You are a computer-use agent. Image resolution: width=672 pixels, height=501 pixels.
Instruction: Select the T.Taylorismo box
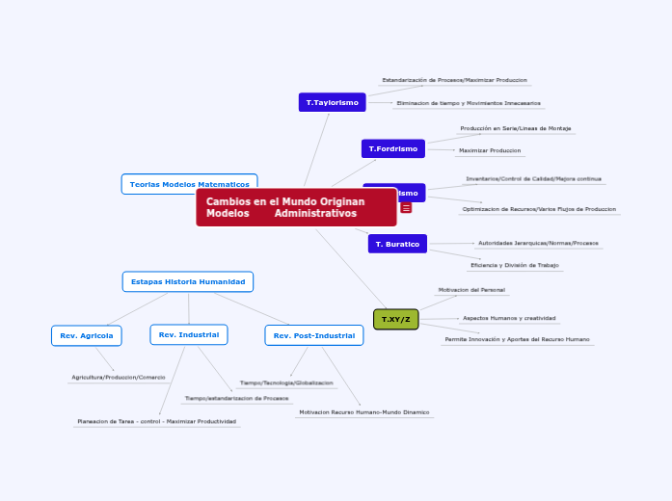click(x=332, y=102)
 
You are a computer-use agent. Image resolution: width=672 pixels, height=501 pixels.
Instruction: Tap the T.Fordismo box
click(x=392, y=148)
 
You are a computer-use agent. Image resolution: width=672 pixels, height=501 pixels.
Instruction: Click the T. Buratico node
click(x=397, y=244)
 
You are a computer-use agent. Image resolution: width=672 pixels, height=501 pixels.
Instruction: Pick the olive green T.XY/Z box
click(x=395, y=319)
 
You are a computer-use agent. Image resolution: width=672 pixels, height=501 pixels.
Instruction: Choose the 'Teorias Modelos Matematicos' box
click(x=189, y=184)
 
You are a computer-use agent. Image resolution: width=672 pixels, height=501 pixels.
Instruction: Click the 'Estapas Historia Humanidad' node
click(x=188, y=281)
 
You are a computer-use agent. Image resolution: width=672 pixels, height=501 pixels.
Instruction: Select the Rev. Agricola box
click(x=86, y=335)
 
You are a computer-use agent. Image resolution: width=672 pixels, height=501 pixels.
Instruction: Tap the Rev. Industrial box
click(x=188, y=334)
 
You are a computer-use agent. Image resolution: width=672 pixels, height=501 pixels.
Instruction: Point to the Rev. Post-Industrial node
click(x=313, y=335)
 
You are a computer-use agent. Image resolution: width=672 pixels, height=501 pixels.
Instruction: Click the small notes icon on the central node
click(x=406, y=208)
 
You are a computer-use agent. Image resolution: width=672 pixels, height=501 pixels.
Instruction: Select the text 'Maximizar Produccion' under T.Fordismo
click(x=490, y=150)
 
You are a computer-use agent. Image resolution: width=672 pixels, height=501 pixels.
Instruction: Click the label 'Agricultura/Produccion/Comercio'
click(x=119, y=377)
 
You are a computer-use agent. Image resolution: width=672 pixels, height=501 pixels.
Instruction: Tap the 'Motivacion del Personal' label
click(x=471, y=289)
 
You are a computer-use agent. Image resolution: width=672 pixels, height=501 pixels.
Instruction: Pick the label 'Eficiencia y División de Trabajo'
click(x=515, y=265)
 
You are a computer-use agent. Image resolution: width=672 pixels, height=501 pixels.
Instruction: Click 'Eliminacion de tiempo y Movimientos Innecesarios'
click(x=469, y=103)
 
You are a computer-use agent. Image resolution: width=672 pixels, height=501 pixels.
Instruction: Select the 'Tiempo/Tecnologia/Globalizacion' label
click(x=286, y=382)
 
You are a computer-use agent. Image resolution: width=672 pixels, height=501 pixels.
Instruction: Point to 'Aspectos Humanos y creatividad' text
click(x=509, y=318)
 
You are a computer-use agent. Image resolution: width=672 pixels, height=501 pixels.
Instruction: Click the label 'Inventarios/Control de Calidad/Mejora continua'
click(x=533, y=179)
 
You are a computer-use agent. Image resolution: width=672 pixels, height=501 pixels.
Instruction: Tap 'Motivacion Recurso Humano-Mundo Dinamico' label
click(x=364, y=412)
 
